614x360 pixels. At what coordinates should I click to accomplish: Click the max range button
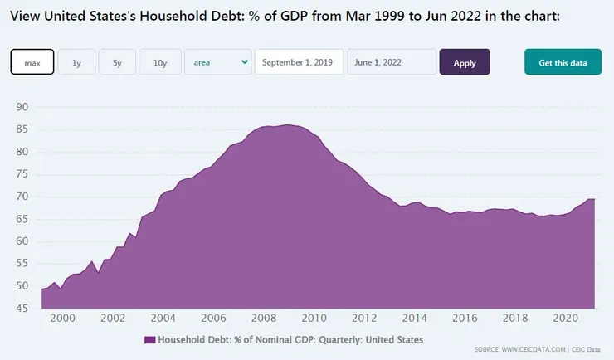pyautogui.click(x=32, y=62)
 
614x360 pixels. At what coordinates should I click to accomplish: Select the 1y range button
pyautogui.click(x=77, y=62)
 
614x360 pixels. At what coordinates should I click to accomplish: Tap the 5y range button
pyautogui.click(x=117, y=62)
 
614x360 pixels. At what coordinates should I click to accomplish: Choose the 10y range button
pyautogui.click(x=160, y=62)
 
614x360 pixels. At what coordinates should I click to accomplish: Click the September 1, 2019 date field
pyautogui.click(x=299, y=62)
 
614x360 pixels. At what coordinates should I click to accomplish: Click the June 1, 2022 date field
pyautogui.click(x=391, y=62)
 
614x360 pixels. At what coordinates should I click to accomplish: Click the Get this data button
pyautogui.click(x=563, y=62)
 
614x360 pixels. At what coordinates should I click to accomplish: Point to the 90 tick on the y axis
pyautogui.click(x=22, y=108)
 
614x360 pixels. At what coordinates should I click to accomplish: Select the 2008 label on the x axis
pyautogui.click(x=264, y=319)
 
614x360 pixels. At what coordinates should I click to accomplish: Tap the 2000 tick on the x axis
pyautogui.click(x=63, y=319)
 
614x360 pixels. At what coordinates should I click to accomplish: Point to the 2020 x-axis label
pyautogui.click(x=565, y=319)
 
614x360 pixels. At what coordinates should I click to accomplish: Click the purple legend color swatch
pyautogui.click(x=149, y=340)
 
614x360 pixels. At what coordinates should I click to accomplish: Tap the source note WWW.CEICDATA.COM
pyautogui.click(x=535, y=349)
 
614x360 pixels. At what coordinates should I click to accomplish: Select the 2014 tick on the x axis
pyautogui.click(x=415, y=319)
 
